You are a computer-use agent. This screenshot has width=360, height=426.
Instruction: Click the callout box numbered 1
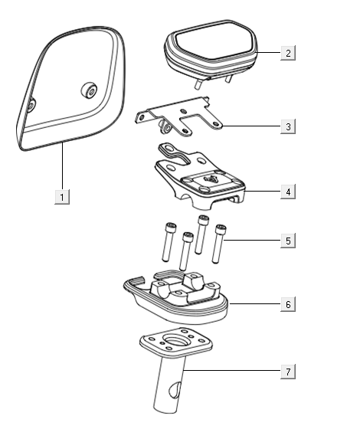coord(62,197)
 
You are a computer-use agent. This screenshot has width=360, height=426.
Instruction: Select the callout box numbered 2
coord(288,53)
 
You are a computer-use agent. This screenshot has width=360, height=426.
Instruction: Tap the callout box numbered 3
coord(288,126)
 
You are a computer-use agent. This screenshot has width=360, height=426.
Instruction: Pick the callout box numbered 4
coord(288,192)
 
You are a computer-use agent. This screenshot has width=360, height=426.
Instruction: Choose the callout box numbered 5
coord(288,241)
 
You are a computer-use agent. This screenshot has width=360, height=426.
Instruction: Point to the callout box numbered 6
coord(288,304)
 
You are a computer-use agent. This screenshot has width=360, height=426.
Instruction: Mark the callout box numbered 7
coord(288,371)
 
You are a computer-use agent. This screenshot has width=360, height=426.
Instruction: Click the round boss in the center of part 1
coord(90,90)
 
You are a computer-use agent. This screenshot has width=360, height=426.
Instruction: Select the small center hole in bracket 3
coord(184,110)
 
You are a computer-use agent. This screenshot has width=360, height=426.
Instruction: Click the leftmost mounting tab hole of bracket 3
coord(141,118)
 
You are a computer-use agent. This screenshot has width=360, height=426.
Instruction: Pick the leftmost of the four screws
coord(169,242)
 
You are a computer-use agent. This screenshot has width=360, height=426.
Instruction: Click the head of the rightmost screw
coord(221,229)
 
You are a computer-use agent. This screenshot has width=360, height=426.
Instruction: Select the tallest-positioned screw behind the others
coord(202,234)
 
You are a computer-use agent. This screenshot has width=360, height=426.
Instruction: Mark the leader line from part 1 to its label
coord(63,165)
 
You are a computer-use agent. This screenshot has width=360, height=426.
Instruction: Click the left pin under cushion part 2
coord(198,84)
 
